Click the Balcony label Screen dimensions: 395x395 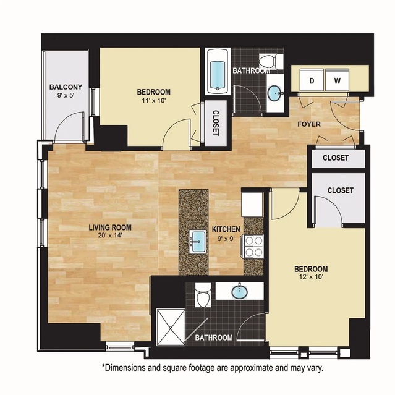pos(66,87)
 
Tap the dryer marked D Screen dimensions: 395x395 pos(312,80)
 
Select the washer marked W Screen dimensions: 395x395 pos(337,80)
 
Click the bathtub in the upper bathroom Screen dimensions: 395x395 pos(218,72)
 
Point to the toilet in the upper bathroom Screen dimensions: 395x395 pos(271,61)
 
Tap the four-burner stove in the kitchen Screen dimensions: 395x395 pos(253,247)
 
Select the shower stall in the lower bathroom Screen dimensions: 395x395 pos(171,327)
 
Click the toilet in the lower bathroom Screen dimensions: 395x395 pos(203,295)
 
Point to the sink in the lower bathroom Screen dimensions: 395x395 pos(239,292)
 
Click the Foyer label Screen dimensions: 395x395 pos(309,124)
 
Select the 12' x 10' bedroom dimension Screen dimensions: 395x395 pos(311,277)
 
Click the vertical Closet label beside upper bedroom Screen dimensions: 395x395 pos(216,123)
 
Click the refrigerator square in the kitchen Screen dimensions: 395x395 pos(252,204)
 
